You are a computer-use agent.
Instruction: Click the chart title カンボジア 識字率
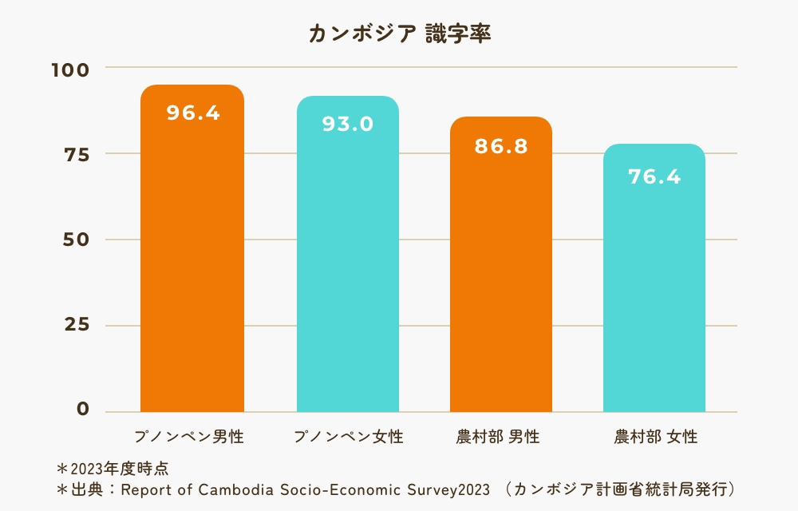coord(399,34)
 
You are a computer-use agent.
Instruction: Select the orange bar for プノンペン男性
coord(192,263)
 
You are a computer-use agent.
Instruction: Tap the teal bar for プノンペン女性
coord(348,271)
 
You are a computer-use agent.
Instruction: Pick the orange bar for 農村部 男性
coord(501,279)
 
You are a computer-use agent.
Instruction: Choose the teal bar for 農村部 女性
coord(654,295)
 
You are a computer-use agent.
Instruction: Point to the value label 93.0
coord(348,124)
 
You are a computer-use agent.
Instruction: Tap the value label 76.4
coord(654,176)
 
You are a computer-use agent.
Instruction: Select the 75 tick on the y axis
coord(75,154)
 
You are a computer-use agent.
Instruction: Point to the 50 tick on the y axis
coord(75,240)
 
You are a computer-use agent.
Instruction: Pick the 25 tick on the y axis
coord(75,325)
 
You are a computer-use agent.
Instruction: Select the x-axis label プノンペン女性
coord(348,438)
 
